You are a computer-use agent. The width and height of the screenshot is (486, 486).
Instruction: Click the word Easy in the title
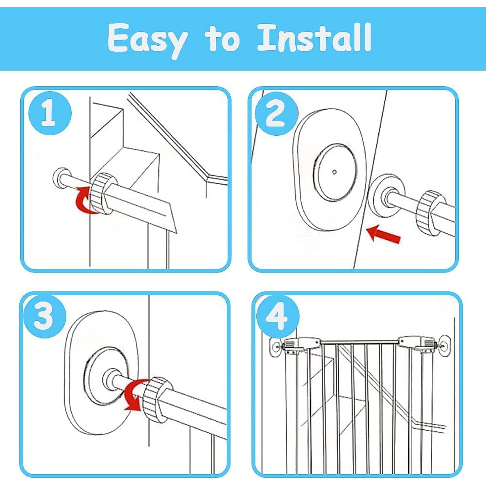click(148, 38)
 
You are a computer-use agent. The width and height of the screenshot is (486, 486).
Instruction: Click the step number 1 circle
click(49, 113)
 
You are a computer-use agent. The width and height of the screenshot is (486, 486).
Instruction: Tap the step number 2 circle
click(276, 113)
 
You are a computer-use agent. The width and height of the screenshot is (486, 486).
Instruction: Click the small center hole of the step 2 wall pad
click(335, 172)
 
